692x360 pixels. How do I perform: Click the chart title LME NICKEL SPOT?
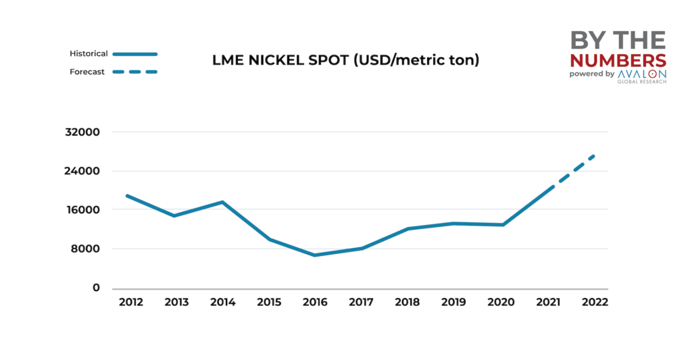coord(345,60)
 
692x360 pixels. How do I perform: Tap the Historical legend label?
coord(89,53)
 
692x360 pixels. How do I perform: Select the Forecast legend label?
coord(87,72)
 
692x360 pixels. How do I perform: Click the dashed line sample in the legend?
coord(135,72)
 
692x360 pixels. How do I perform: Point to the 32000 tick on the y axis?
coord(86,132)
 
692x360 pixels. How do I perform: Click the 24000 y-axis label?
coord(86,171)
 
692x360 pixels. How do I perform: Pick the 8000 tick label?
coord(88,249)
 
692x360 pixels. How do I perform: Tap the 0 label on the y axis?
coord(96,288)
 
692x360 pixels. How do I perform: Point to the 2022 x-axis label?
coord(594,302)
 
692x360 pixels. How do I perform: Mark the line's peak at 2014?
coord(222,202)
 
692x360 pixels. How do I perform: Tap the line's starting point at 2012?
coord(127,196)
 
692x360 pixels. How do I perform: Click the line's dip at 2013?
coord(174,216)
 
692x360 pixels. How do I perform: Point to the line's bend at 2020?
coord(503,225)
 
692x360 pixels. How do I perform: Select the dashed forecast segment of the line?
coord(574,170)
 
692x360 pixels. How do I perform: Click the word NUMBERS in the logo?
coord(618,59)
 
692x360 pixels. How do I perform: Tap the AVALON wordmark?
coord(642,74)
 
